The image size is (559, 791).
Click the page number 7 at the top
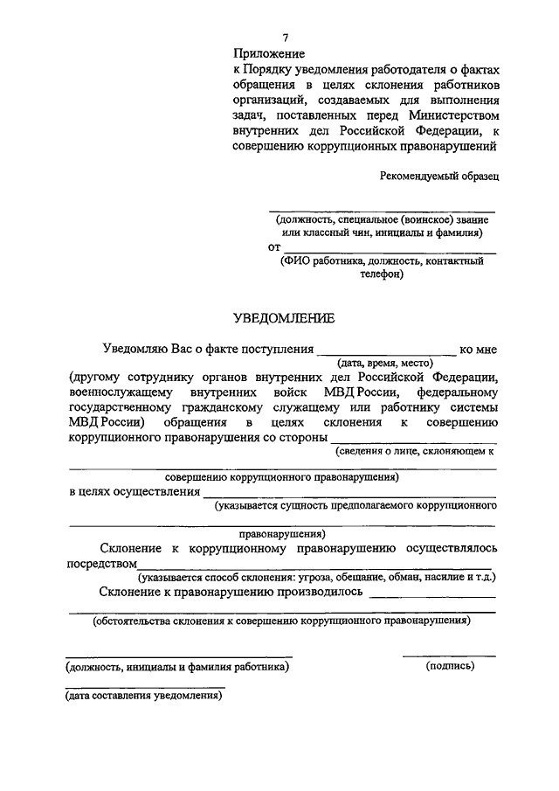[285, 37]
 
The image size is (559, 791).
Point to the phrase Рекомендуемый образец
[439, 176]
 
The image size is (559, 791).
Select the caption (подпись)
[450, 666]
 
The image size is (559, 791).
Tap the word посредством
[103, 563]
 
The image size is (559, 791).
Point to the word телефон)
[379, 273]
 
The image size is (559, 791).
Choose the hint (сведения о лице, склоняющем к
[415, 451]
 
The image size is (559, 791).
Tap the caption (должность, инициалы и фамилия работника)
[178, 667]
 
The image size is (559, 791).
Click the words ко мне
[478, 350]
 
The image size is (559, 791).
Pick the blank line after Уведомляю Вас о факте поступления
[386, 353]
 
